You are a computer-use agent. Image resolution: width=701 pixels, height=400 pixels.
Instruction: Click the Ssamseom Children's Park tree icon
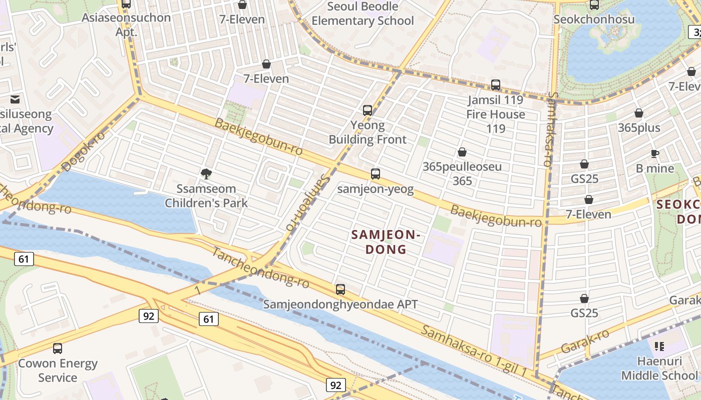206,174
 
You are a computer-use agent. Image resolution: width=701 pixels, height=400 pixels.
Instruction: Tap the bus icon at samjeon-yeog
376,174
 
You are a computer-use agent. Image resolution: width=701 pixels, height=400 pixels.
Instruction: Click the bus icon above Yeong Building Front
368,110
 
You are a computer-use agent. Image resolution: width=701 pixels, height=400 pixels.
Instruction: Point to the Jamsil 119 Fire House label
495,114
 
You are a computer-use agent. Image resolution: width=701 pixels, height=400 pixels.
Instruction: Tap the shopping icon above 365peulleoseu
462,152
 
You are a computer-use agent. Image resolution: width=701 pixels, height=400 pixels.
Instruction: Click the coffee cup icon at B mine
654,153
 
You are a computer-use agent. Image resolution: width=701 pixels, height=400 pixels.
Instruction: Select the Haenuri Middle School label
659,368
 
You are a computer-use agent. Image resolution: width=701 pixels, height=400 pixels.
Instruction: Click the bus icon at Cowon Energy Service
58,348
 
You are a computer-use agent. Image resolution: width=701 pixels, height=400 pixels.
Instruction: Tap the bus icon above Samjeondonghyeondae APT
340,289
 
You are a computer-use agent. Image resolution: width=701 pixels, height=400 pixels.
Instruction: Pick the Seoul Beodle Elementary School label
363,13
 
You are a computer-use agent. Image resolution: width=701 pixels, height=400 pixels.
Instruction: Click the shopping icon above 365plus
639,113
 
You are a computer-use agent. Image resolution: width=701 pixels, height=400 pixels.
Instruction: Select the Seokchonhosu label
594,19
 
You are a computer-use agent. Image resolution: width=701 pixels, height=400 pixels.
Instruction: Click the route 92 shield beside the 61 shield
149,316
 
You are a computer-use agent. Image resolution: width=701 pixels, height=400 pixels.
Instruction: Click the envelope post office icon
15,99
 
